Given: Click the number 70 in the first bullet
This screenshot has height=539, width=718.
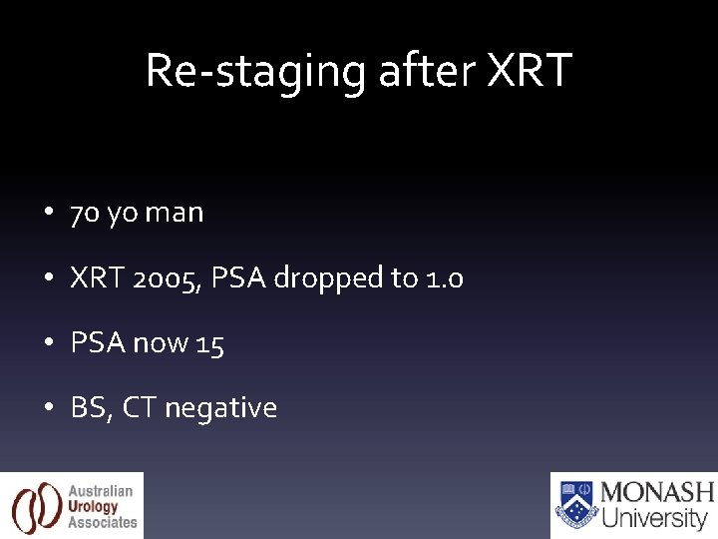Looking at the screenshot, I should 83,213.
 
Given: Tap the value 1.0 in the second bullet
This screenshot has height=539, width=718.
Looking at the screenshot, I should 444,277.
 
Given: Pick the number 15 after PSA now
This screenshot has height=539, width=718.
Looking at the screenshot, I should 210,343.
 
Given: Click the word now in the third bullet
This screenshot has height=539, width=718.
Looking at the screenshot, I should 161,344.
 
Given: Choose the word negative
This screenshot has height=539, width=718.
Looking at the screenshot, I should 220,408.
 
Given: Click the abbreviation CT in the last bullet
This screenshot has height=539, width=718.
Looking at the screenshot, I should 139,408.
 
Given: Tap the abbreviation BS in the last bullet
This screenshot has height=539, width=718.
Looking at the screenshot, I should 89,408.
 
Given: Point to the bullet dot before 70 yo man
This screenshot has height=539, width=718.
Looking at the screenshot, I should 48,214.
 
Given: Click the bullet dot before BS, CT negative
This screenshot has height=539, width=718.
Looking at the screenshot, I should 48,408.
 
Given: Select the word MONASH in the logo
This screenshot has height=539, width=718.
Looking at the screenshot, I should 657,492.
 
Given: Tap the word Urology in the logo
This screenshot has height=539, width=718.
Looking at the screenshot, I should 93,506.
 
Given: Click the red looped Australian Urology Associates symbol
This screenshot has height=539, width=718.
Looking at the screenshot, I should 35,506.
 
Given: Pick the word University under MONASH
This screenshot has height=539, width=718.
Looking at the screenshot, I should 654,518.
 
